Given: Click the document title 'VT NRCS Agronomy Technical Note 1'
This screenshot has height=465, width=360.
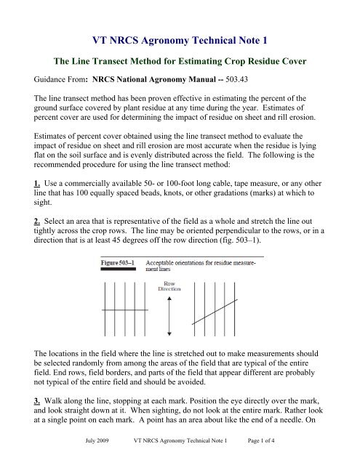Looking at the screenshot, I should point(179,20).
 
